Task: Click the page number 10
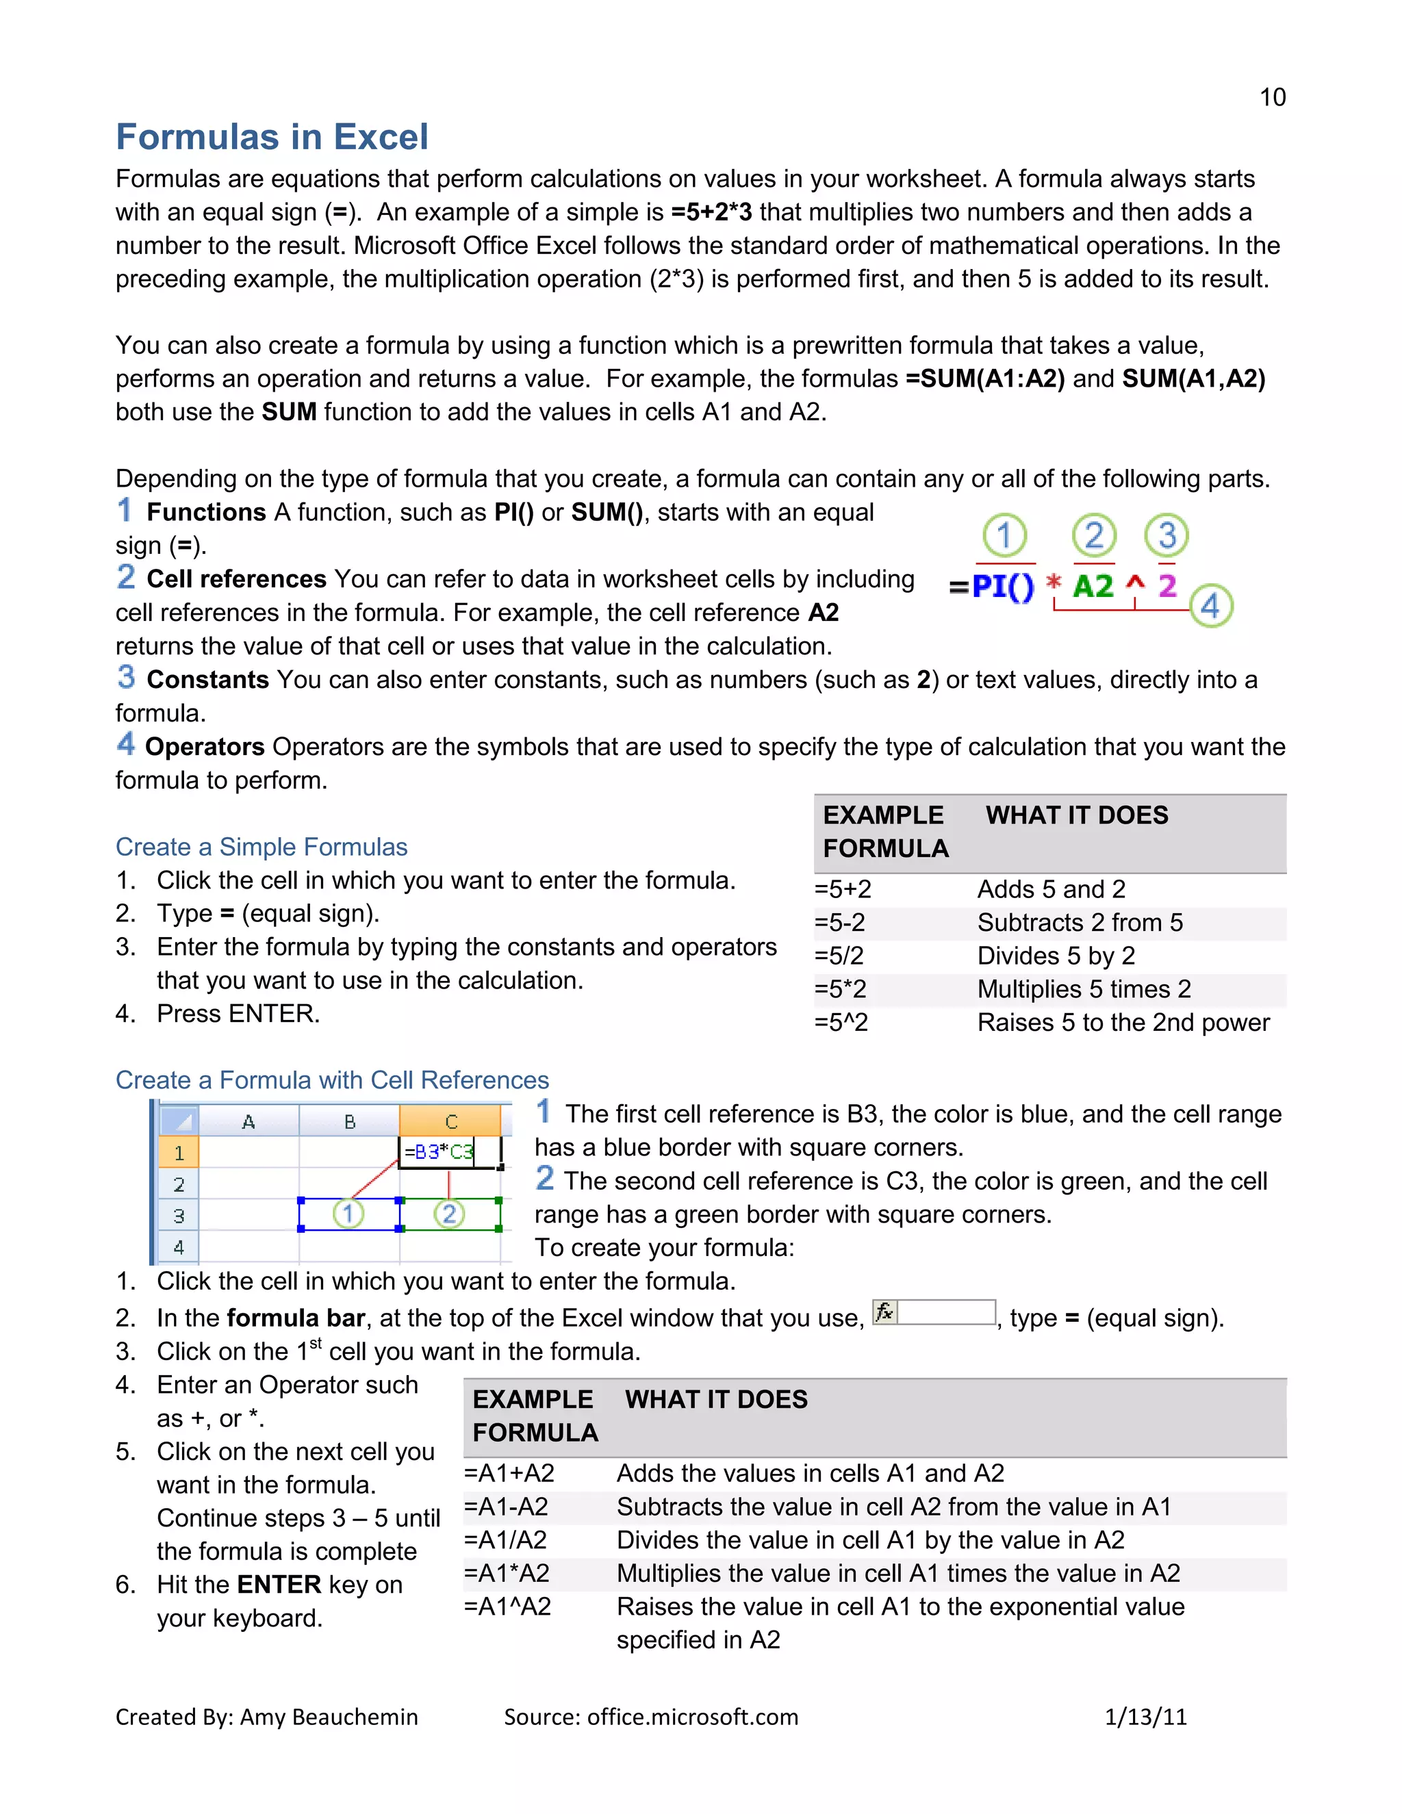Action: click(1272, 97)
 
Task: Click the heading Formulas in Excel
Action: click(272, 137)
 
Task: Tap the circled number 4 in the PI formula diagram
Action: click(1210, 606)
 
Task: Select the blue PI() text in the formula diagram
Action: click(1002, 587)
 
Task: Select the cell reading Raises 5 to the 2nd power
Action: click(1123, 1023)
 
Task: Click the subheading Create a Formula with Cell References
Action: click(332, 1080)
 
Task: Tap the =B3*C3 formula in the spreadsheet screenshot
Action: click(439, 1152)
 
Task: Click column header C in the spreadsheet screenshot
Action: click(451, 1122)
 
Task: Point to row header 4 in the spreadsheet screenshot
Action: click(179, 1247)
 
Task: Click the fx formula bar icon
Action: click(884, 1312)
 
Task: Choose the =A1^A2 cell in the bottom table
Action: click(507, 1607)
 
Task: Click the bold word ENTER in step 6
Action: click(278, 1585)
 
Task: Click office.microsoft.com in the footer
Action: click(692, 1717)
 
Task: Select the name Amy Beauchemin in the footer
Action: click(329, 1717)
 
